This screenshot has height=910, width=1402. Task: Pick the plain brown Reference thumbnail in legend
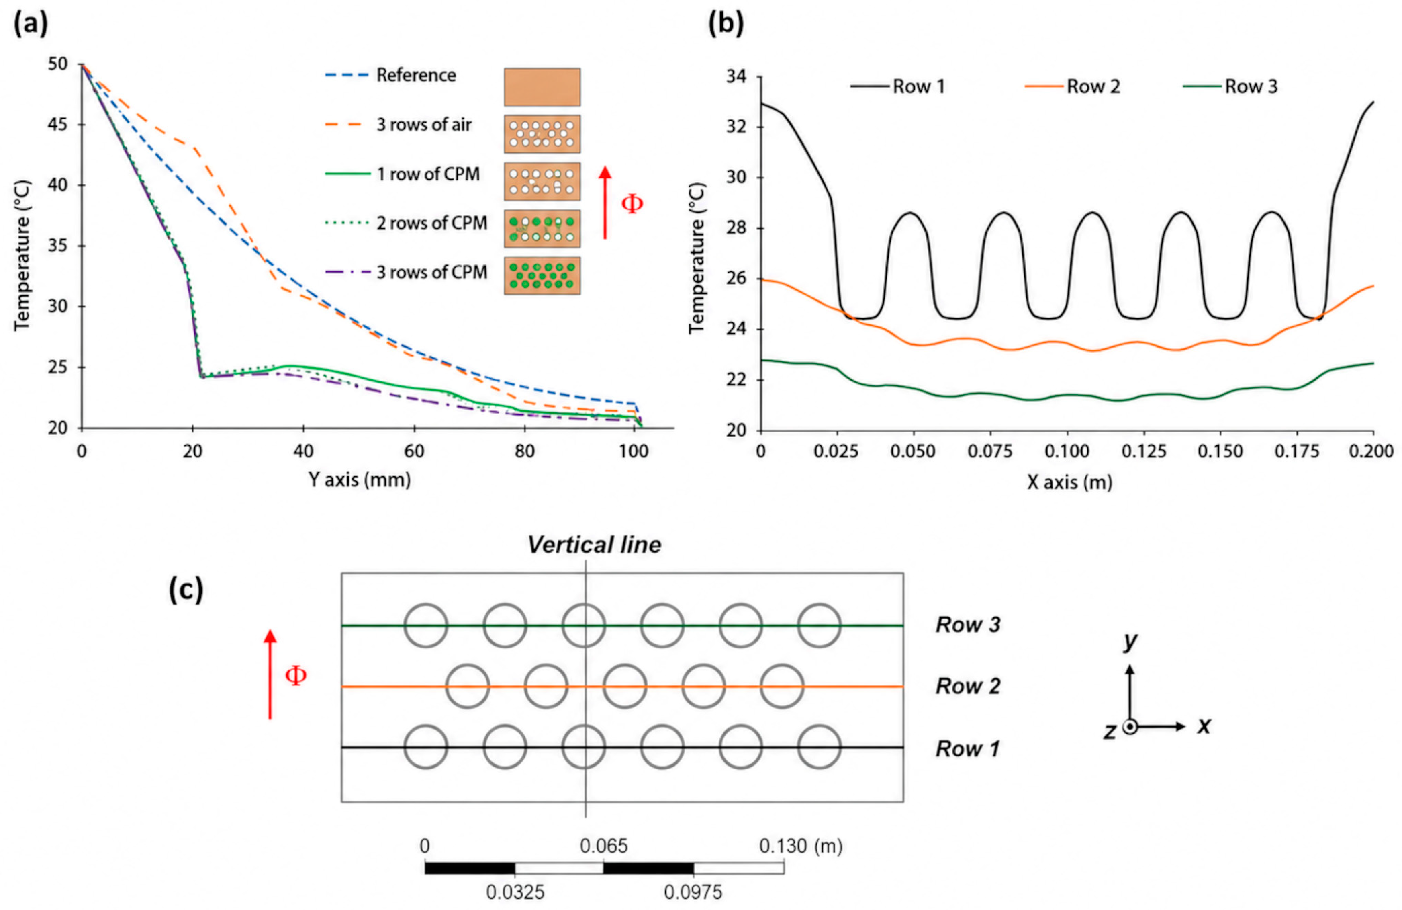tap(542, 87)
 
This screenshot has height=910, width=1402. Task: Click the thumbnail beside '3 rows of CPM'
tap(542, 275)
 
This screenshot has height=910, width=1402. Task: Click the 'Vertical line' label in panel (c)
tap(595, 545)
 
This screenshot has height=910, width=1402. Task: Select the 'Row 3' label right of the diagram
tap(968, 625)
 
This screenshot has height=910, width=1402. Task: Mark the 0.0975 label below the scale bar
tap(693, 893)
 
